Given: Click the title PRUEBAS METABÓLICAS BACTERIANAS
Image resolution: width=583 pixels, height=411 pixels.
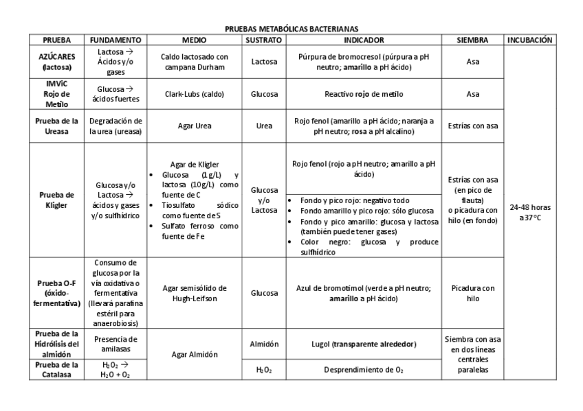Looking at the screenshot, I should pos(291,29).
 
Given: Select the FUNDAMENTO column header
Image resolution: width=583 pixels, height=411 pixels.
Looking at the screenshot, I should pos(115,40).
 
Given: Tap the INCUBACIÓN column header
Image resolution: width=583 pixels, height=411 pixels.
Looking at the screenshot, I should pos(529,40).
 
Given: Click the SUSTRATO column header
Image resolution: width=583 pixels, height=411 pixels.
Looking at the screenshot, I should pos(263,40).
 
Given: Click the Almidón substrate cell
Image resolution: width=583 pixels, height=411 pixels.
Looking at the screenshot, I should pos(263,343).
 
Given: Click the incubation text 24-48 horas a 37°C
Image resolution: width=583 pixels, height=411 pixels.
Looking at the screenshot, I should pos(529,212).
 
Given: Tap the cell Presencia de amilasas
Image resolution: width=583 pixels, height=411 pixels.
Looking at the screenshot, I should pos(115,343).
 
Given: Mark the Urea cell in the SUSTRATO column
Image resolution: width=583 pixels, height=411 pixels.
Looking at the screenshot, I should pos(263,126).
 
